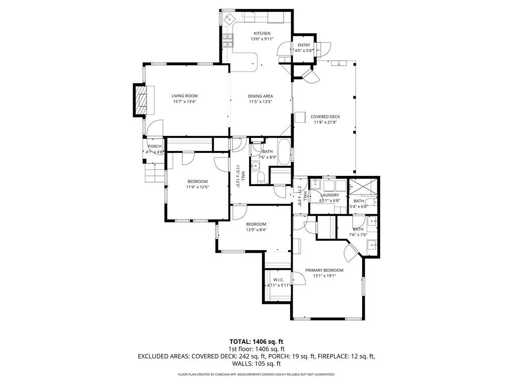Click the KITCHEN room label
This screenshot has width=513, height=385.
click(262, 34)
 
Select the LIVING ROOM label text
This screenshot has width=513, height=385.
click(184, 96)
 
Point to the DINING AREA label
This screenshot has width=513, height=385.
click(261, 96)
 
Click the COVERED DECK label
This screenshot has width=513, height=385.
click(325, 116)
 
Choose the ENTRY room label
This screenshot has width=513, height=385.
click(304, 45)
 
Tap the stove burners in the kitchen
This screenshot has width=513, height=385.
click(228, 40)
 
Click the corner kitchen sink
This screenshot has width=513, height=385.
click(228, 19)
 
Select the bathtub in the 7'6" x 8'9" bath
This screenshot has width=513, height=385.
click(284, 152)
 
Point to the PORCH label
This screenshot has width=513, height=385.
click(155, 146)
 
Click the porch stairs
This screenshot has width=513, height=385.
click(154, 172)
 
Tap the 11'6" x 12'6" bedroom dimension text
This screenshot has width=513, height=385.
click(197, 187)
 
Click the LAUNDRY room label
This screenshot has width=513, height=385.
click(330, 195)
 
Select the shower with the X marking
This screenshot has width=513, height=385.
click(364, 187)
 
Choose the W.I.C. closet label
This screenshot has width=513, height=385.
click(279, 280)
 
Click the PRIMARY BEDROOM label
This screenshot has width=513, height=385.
click(324, 270)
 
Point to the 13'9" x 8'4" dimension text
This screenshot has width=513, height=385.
click(256, 230)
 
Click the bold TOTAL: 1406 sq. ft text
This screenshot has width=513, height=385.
click(256, 342)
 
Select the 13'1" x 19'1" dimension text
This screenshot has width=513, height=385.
click(324, 276)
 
